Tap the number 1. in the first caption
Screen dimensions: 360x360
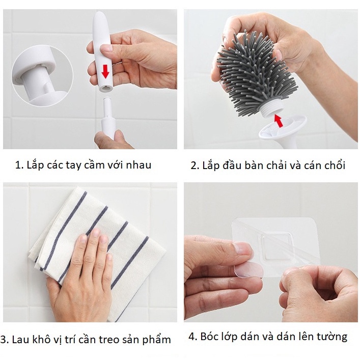click(x=19, y=165)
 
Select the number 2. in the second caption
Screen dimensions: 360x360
click(x=194, y=165)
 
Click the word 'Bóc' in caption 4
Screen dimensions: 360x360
click(x=210, y=337)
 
